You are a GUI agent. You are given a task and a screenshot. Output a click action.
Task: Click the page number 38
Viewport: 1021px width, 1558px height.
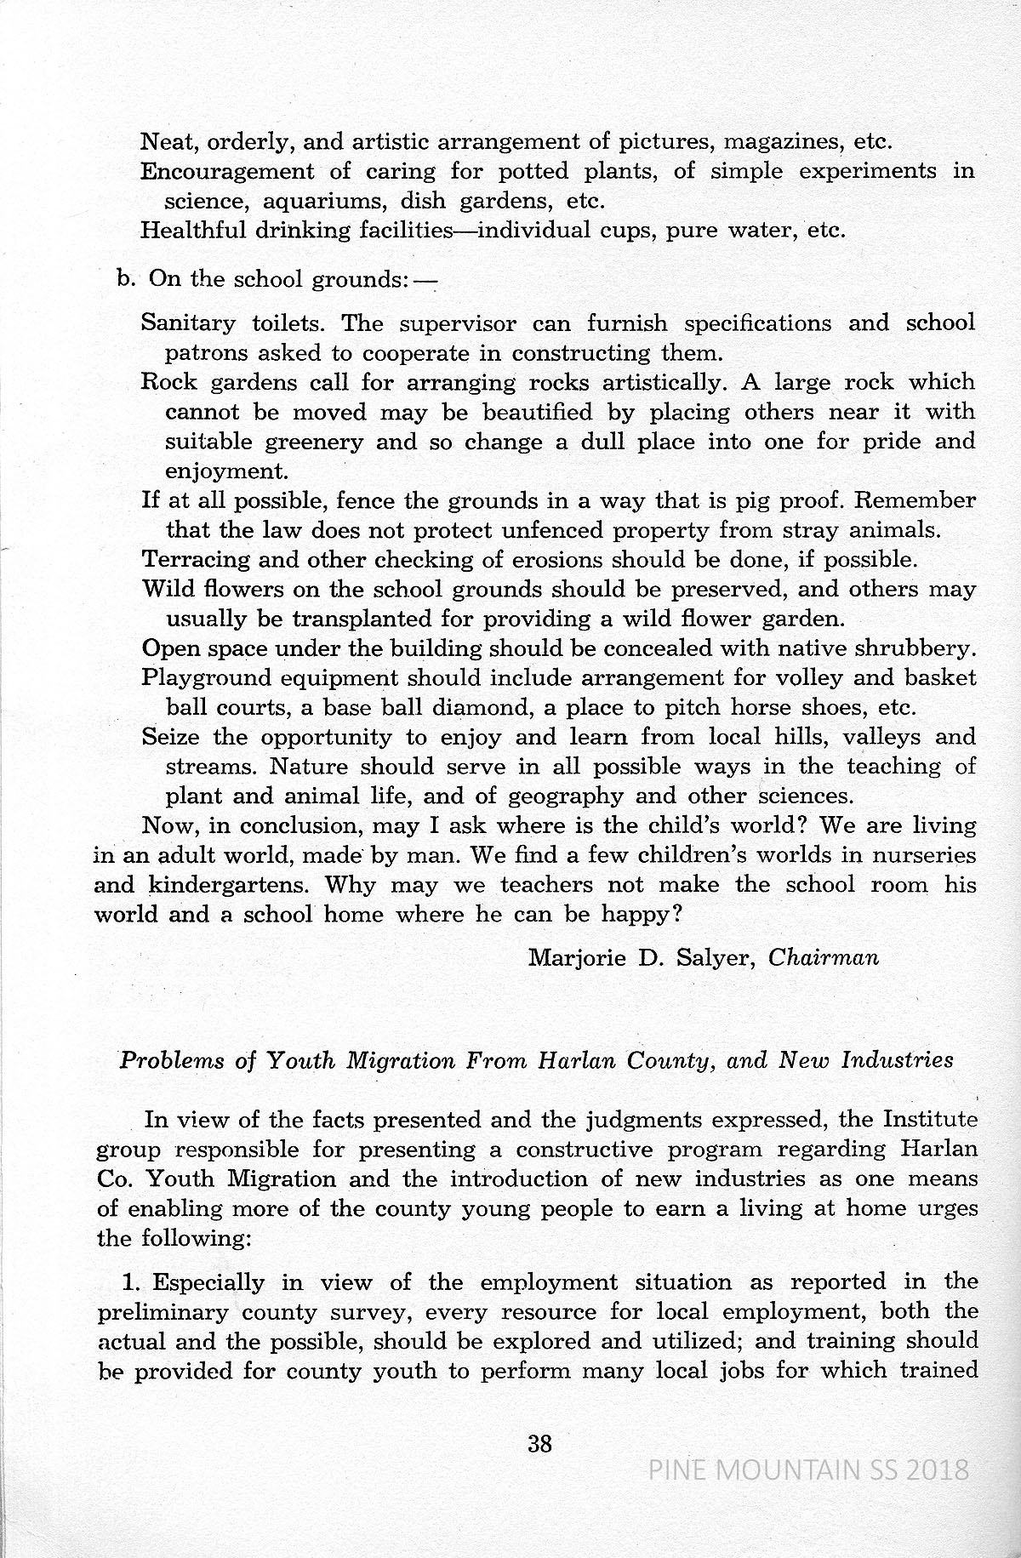point(540,1443)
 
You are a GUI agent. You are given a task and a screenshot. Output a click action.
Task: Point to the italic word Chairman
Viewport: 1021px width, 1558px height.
point(823,957)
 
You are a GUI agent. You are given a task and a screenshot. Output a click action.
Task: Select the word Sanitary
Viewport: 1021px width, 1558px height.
point(188,323)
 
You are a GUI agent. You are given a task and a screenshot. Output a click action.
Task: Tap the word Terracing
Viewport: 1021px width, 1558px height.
point(197,560)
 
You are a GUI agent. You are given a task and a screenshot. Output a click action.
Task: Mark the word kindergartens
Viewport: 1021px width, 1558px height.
point(223,885)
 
